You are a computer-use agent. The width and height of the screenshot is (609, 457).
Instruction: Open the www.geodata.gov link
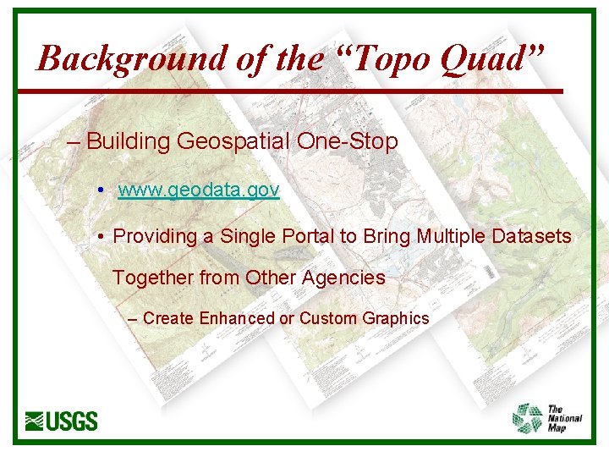[198, 190]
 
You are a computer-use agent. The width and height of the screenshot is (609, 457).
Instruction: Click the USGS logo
[62, 421]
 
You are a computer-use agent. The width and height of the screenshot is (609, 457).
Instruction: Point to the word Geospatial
[233, 141]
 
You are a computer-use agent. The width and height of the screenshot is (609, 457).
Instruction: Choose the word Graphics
[396, 318]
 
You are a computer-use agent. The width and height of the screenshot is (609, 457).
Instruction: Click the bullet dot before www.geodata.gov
[100, 190]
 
